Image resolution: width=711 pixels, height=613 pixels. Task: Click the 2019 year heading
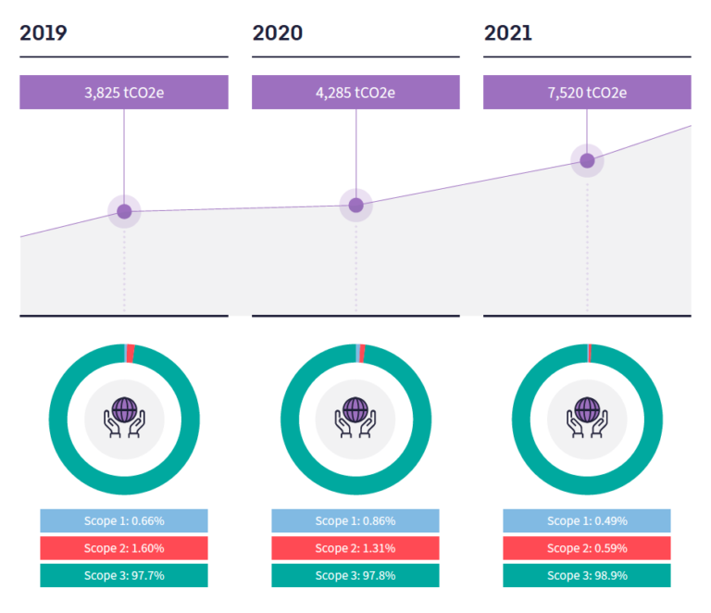pyautogui.click(x=44, y=34)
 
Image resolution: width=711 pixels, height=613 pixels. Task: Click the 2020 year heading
pyautogui.click(x=277, y=34)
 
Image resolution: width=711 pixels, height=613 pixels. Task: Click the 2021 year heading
pyautogui.click(x=508, y=34)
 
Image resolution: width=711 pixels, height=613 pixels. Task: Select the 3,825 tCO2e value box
pyautogui.click(x=124, y=93)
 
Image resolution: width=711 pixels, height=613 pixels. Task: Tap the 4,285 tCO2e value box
pyautogui.click(x=355, y=93)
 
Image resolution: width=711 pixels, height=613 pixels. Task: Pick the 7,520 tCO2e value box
pyautogui.click(x=587, y=93)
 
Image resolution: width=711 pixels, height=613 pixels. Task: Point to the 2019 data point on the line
pyautogui.click(x=124, y=212)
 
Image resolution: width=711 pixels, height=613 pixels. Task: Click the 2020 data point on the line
pyautogui.click(x=355, y=206)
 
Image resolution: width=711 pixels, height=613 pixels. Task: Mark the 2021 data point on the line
pyautogui.click(x=587, y=161)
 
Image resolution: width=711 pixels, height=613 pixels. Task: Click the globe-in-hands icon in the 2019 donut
pyautogui.click(x=124, y=418)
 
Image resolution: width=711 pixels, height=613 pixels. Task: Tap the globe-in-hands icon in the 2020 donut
pyautogui.click(x=355, y=418)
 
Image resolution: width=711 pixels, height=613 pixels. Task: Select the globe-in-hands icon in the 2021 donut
pyautogui.click(x=587, y=418)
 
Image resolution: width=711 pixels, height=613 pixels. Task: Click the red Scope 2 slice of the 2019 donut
pyautogui.click(x=131, y=352)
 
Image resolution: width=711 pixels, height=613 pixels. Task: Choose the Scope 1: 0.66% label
pyautogui.click(x=124, y=520)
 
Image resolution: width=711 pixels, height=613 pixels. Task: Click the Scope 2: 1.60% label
pyautogui.click(x=124, y=548)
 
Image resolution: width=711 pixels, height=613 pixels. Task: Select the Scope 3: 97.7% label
pyautogui.click(x=124, y=575)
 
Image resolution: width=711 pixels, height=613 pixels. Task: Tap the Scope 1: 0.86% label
pyautogui.click(x=355, y=520)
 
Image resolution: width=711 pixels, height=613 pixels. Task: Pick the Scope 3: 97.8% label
pyautogui.click(x=355, y=575)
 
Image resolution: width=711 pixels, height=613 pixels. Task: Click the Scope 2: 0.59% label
pyautogui.click(x=587, y=548)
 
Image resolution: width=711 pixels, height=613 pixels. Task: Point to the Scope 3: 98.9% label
pyautogui.click(x=587, y=575)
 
